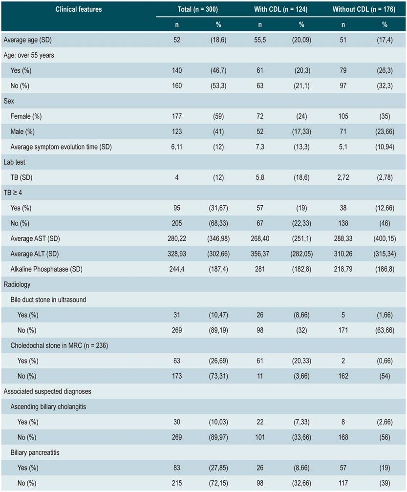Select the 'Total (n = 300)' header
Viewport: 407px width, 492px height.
[x=197, y=9]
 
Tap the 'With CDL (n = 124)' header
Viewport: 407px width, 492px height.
[x=280, y=9]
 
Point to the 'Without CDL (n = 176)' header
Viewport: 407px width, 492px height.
[x=364, y=9]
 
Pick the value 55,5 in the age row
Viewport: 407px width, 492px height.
[x=259, y=40]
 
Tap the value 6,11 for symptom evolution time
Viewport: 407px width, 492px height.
[x=176, y=147]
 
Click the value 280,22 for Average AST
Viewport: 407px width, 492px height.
[x=176, y=238]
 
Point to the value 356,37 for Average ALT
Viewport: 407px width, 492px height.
[x=259, y=254]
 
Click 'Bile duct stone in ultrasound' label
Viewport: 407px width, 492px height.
[x=48, y=299]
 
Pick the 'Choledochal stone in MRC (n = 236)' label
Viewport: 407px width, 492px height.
[x=59, y=345]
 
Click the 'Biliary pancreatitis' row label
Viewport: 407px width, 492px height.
[x=36, y=452]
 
